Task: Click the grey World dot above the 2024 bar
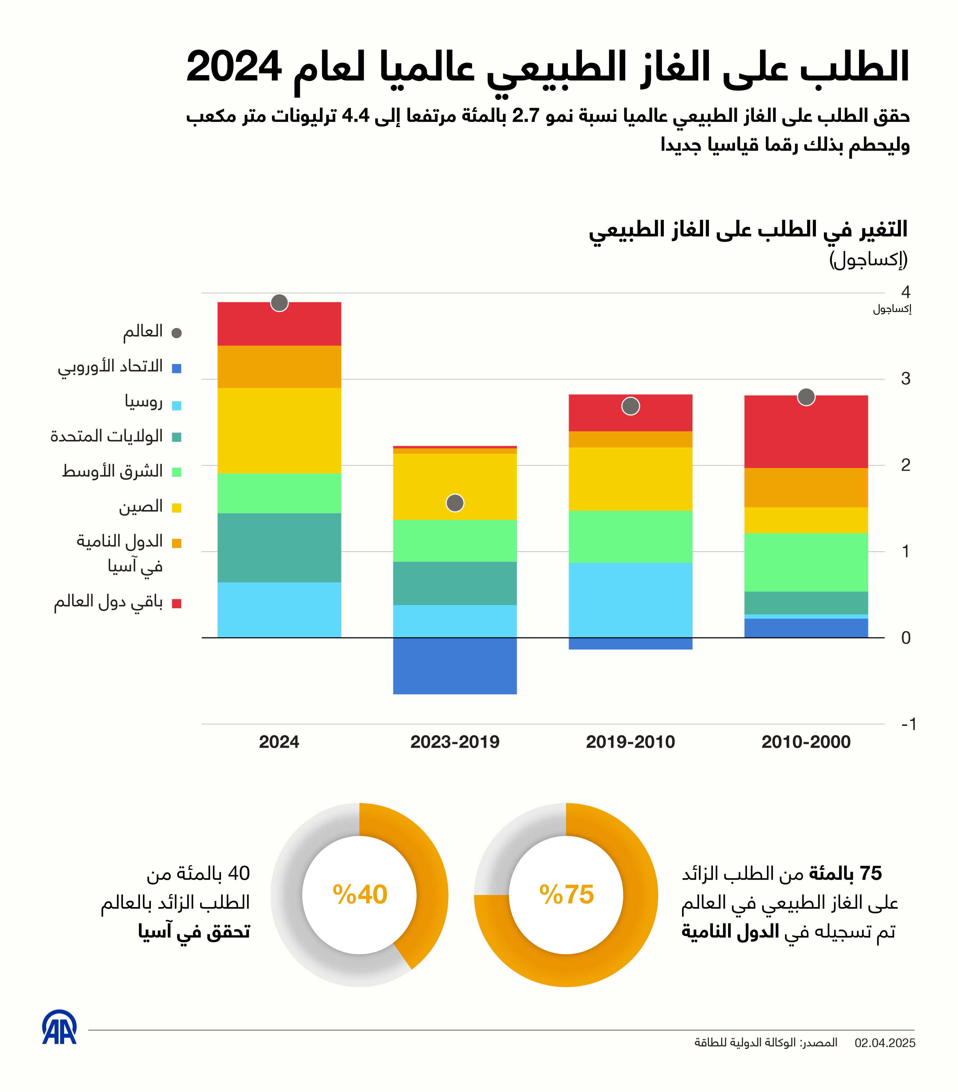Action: click(279, 303)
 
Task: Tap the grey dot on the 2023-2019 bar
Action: click(455, 503)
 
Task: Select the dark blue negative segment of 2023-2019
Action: click(455, 666)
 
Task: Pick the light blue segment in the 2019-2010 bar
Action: click(630, 599)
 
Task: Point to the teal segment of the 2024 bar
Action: click(279, 548)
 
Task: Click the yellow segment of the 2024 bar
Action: click(279, 430)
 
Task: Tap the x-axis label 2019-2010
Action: click(630, 742)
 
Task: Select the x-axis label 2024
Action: click(279, 742)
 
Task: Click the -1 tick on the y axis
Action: click(908, 725)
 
